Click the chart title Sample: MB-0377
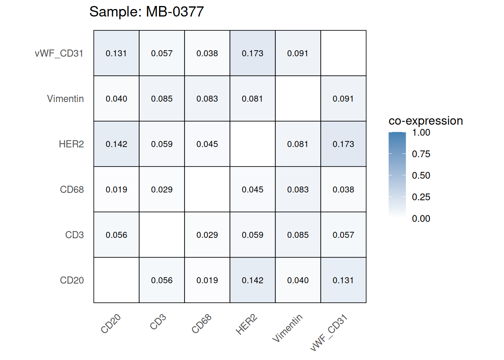tap(146, 12)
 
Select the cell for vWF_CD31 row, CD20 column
tap(116, 53)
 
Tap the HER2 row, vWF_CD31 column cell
tap(343, 144)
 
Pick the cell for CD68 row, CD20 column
tap(116, 189)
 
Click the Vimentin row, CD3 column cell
tap(162, 99)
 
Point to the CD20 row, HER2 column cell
tap(252, 280)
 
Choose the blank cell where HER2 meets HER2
tap(252, 144)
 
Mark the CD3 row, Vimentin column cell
tap(298, 235)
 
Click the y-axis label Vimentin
tap(65, 99)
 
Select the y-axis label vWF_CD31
tap(59, 53)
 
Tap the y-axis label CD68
tap(72, 189)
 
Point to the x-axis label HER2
tap(246, 325)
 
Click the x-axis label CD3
tap(158, 322)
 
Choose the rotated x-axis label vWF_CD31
tap(329, 333)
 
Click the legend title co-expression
tap(426, 121)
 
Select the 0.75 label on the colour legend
tap(421, 154)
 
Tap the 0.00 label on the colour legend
tap(421, 219)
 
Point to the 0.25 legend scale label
tap(421, 197)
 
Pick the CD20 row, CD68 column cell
tap(207, 280)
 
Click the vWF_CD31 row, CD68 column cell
tap(207, 53)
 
